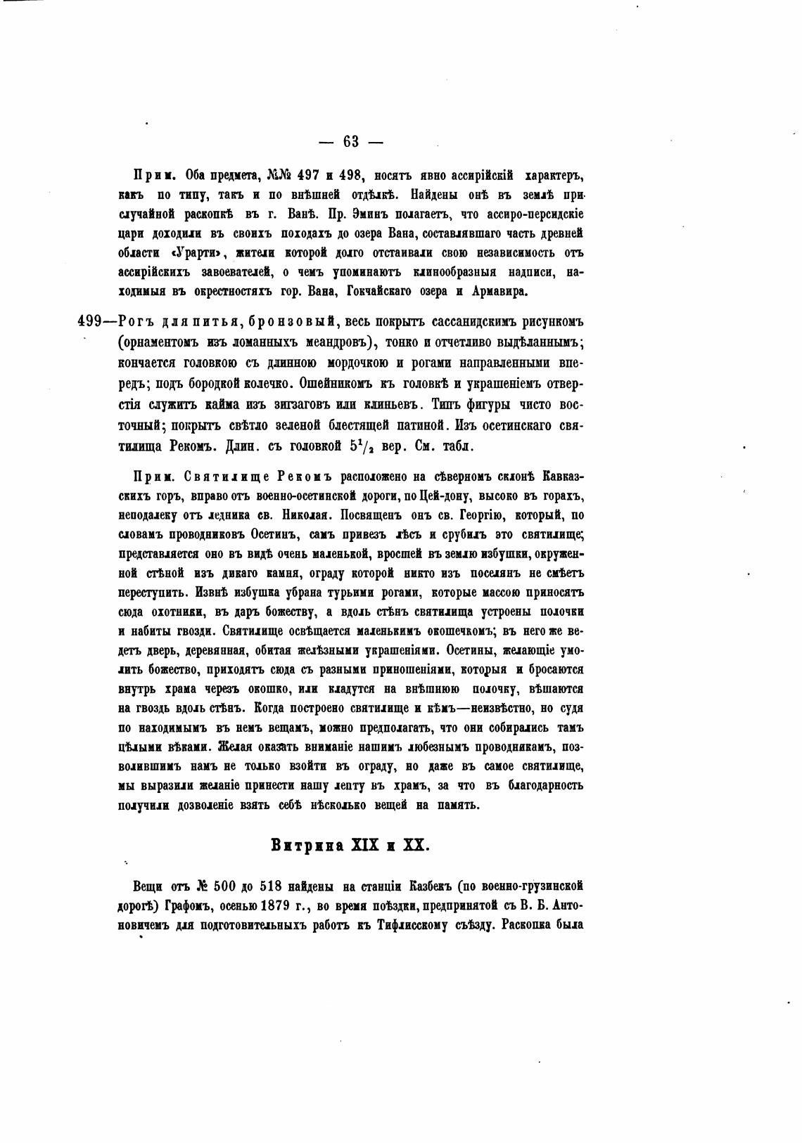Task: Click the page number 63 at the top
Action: pyautogui.click(x=351, y=142)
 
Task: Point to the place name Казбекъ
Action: pyautogui.click(x=436, y=886)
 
